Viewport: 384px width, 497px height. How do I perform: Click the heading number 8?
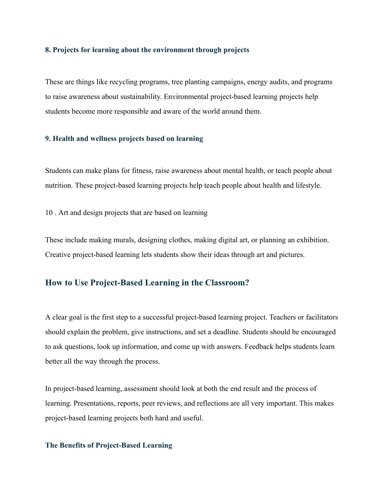coord(48,50)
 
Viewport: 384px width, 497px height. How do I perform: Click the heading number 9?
coord(48,138)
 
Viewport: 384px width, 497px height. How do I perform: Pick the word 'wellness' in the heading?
coord(103,138)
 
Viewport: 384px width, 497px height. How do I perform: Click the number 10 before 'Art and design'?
coord(49,213)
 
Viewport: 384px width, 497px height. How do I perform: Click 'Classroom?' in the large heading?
coord(227,283)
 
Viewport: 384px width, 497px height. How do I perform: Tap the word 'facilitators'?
coord(322,317)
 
